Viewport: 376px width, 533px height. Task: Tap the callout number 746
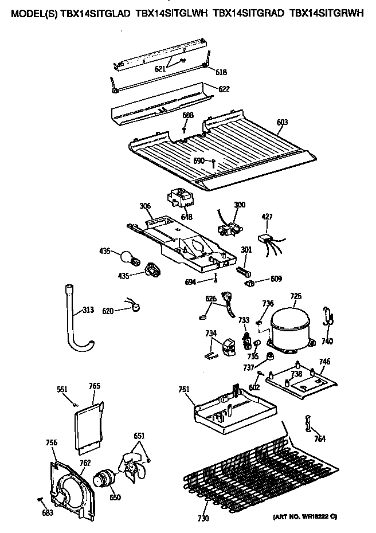(x=324, y=362)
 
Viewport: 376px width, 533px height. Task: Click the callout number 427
(x=267, y=217)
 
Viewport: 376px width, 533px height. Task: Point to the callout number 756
(x=51, y=442)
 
